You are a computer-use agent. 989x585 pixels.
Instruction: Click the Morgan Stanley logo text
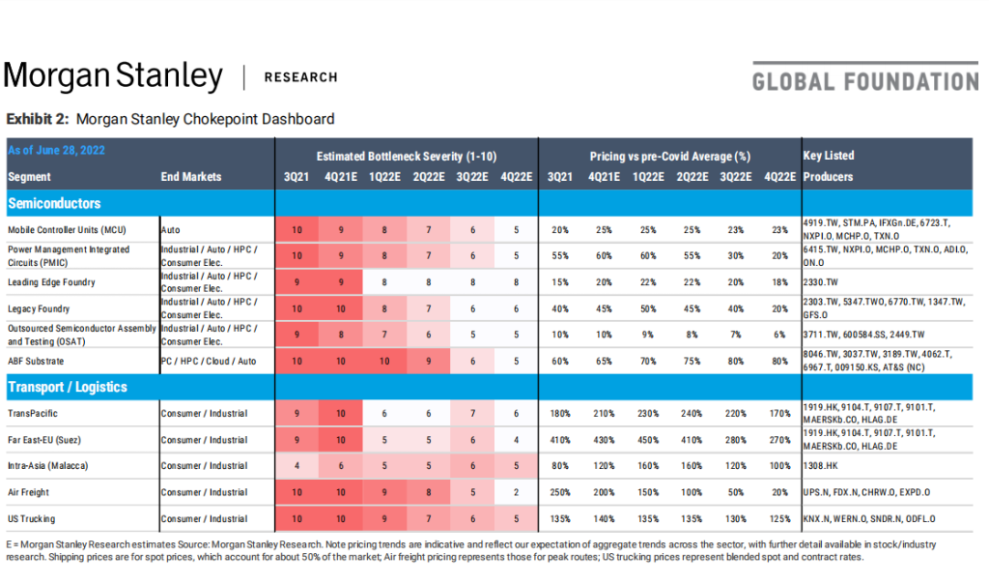113,76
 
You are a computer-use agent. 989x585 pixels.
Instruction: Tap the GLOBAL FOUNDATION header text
864,79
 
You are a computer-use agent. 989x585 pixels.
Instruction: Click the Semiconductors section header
54,204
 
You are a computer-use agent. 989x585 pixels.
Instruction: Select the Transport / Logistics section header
68,387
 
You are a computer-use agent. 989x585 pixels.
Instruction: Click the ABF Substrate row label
36,361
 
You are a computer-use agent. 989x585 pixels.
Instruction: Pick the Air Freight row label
30,492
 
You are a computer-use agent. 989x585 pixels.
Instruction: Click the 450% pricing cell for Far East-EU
645,440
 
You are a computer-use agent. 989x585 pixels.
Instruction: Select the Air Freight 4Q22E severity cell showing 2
517,492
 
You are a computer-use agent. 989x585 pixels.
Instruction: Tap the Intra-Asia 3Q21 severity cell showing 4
296,466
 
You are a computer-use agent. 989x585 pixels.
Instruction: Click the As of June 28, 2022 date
56,150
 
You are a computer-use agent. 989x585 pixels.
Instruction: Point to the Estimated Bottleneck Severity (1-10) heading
406,156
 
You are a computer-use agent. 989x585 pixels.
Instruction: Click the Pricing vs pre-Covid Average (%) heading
670,156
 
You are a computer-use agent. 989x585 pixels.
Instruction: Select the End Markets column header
190,177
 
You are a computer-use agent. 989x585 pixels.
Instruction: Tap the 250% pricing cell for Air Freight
559,492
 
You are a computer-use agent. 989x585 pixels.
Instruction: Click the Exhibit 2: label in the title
38,119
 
